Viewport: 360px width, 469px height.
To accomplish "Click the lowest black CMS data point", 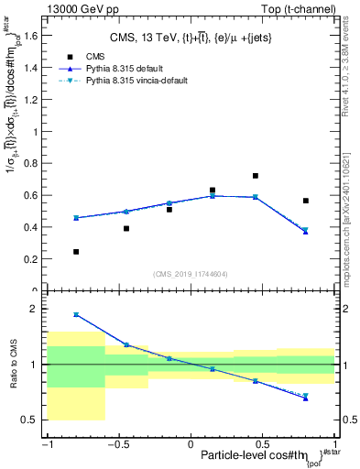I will [x=76, y=251].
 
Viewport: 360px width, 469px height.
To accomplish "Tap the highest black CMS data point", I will [x=256, y=175].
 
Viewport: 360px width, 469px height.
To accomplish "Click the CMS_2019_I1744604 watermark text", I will [x=191, y=273].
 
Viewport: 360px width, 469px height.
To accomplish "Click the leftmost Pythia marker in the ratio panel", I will [x=76, y=314].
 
